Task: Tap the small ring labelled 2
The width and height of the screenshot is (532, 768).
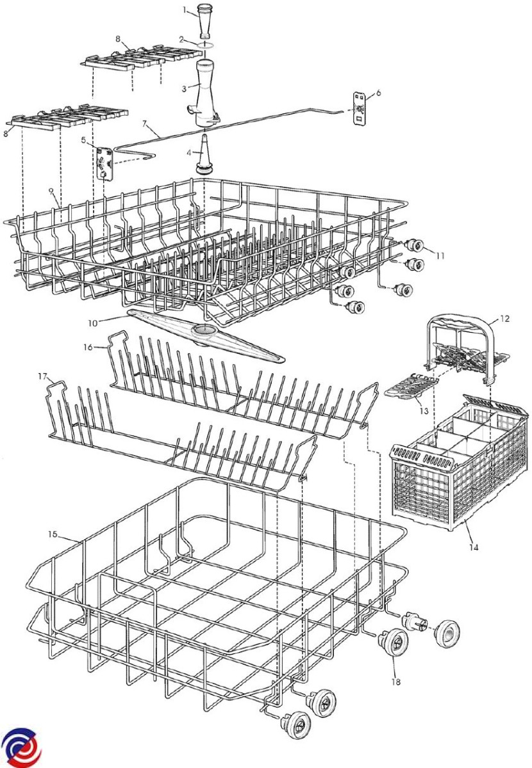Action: tap(206, 45)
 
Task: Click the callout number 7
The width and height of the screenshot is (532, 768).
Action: tap(145, 122)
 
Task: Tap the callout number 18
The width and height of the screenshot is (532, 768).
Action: tap(395, 682)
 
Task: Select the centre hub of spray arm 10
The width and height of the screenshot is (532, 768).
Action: tap(206, 330)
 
